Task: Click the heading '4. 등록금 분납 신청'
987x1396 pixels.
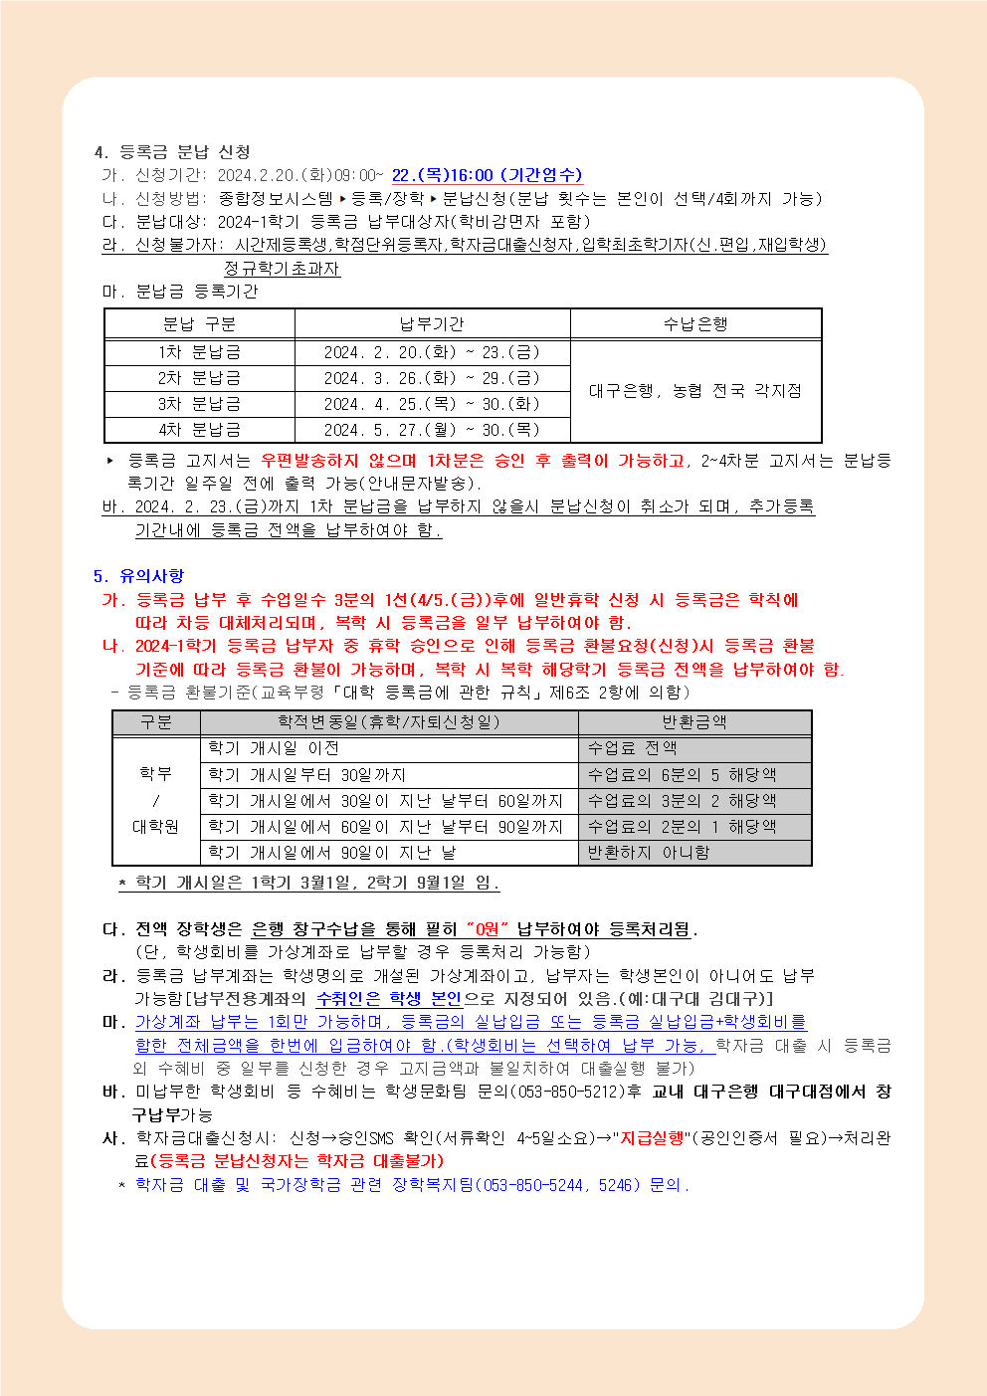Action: (x=171, y=151)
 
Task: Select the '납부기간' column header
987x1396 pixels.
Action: (x=432, y=324)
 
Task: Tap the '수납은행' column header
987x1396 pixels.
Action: (x=695, y=324)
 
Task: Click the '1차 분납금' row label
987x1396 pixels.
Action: (x=199, y=352)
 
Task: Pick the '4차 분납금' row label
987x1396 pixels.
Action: (x=199, y=430)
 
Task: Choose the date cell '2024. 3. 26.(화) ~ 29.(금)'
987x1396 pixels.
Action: (x=432, y=378)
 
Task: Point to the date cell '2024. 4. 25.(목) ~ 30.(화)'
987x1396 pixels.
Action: (x=432, y=404)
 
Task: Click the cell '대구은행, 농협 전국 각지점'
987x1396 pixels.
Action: (x=695, y=391)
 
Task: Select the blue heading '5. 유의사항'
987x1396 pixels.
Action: (x=138, y=576)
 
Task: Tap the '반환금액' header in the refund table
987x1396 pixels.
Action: (x=694, y=722)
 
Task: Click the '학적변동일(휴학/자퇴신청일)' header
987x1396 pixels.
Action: (x=389, y=722)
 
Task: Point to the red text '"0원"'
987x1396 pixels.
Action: (x=487, y=929)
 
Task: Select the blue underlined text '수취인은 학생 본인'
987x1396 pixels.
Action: (x=389, y=998)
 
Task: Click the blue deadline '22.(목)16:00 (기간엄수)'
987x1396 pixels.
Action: (x=487, y=175)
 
